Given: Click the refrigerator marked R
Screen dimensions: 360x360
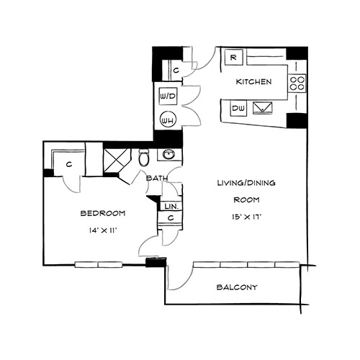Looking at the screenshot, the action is [x=233, y=57].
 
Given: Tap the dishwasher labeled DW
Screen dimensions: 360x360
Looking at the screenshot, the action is [x=238, y=109].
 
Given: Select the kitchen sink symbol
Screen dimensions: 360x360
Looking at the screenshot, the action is [x=263, y=108].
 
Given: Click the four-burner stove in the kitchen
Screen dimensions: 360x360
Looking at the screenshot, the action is [x=297, y=83].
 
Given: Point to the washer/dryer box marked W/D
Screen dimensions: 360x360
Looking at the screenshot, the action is [x=168, y=96].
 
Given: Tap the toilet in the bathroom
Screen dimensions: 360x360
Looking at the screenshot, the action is [x=144, y=158].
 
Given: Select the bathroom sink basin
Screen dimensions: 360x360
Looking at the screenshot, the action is [x=168, y=154].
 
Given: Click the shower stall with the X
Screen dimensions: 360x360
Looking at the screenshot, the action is [x=116, y=161].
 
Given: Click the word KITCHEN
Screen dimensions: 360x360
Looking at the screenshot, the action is [x=253, y=82].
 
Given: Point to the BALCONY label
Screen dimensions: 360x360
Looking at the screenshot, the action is [x=237, y=287].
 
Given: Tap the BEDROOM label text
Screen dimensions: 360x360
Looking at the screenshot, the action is [x=103, y=213].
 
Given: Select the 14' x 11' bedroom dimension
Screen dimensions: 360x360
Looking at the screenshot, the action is [x=103, y=230].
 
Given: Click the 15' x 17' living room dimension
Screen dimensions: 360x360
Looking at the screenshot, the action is [x=246, y=217].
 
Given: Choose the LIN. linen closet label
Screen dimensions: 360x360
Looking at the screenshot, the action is [x=171, y=206].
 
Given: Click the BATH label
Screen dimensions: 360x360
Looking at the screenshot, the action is [x=157, y=179].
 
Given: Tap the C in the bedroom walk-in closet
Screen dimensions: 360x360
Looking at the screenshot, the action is [x=69, y=164].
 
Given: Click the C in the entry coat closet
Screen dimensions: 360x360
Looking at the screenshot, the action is [x=176, y=71].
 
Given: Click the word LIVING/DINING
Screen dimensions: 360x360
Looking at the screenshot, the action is [x=246, y=183].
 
